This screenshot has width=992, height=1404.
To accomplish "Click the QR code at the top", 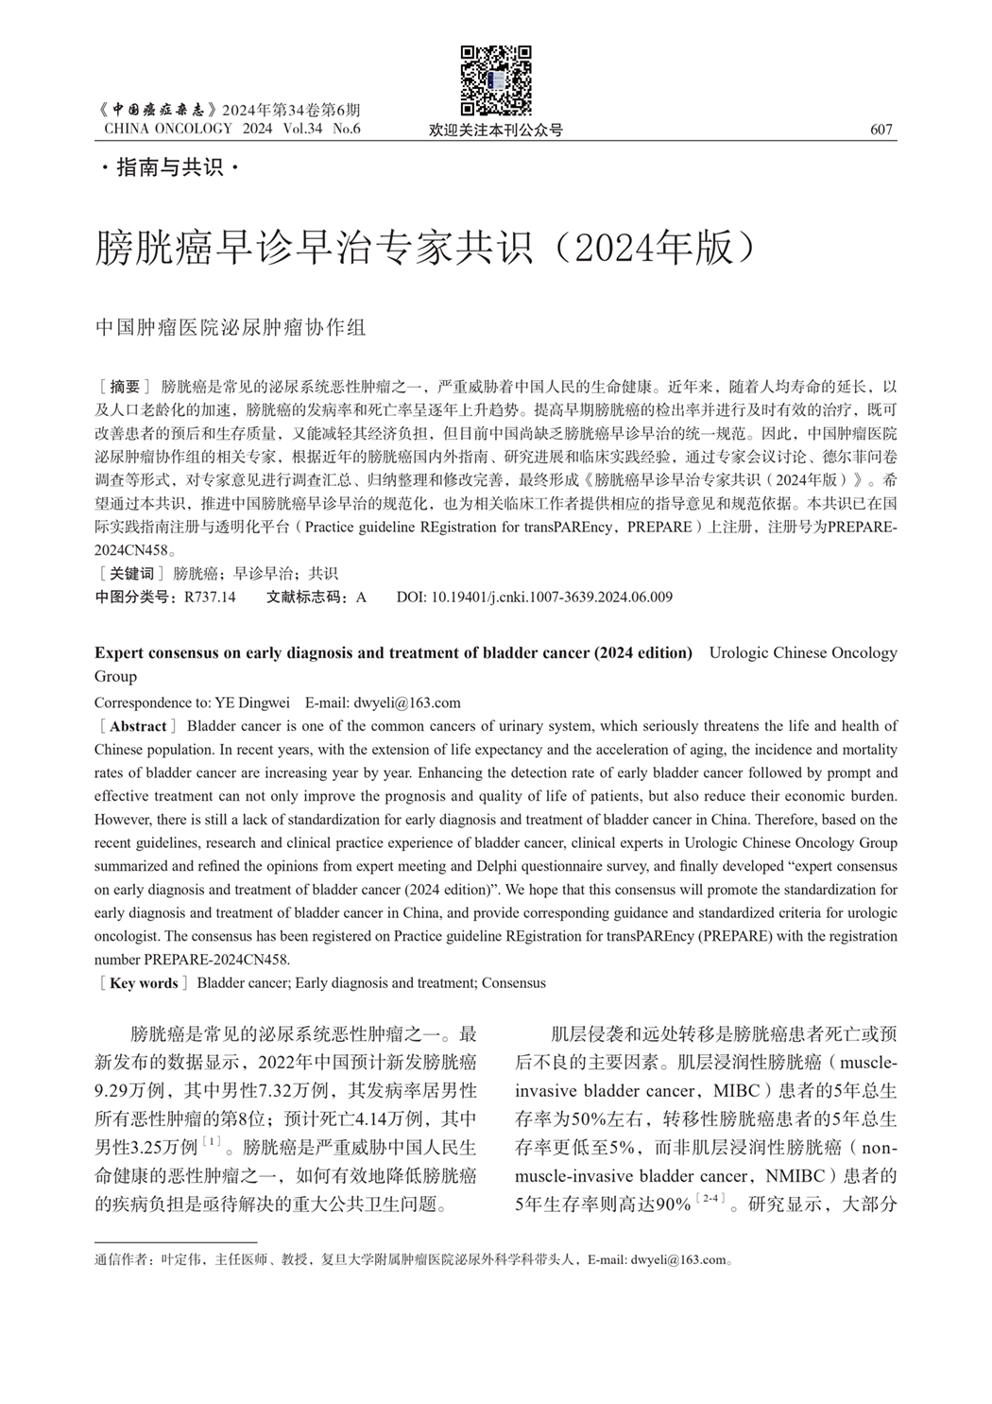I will tap(496, 81).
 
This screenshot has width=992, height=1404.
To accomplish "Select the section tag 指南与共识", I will tap(169, 168).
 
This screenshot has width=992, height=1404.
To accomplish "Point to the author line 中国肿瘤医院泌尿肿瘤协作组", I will tap(231, 328).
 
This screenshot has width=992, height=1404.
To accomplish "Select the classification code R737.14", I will tap(210, 598).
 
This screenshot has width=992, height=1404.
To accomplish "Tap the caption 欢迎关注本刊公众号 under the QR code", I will tap(496, 130).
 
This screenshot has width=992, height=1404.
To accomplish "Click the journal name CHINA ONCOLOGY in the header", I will tap(168, 129).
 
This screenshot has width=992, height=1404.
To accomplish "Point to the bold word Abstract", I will tap(138, 727).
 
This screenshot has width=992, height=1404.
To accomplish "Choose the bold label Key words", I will tap(144, 983).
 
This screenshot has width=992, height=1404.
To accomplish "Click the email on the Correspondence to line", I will tap(407, 702).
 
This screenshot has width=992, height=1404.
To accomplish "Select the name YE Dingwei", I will tap(252, 702).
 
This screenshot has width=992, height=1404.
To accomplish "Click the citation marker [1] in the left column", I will tap(212, 1144).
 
